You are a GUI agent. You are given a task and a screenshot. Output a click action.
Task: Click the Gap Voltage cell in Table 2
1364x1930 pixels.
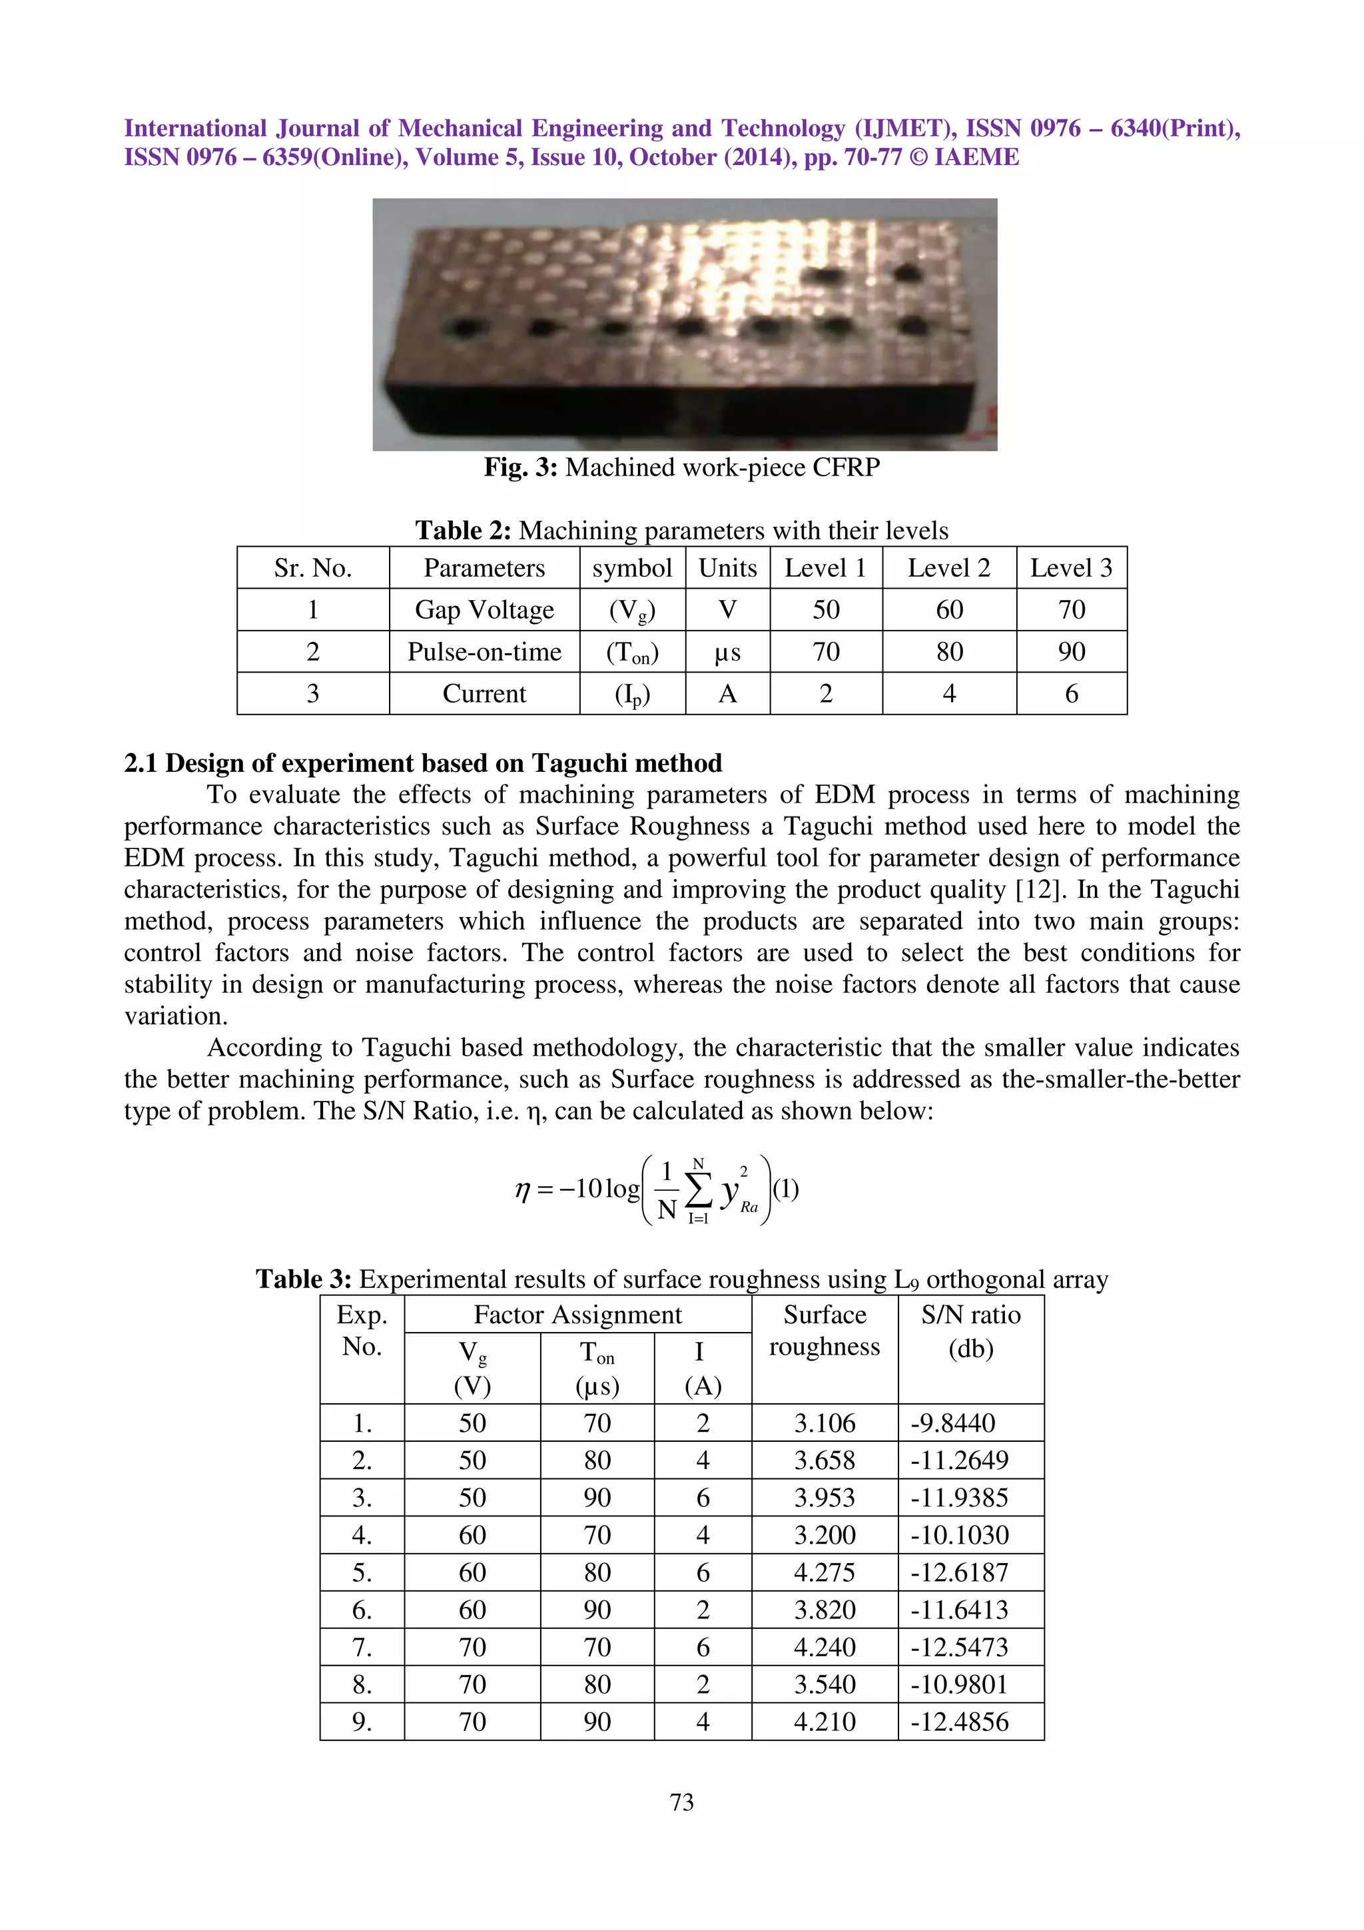(x=484, y=609)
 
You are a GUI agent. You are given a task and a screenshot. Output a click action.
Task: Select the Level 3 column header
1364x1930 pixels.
(x=1071, y=568)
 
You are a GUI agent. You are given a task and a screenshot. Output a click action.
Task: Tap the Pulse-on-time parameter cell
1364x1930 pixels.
(x=484, y=651)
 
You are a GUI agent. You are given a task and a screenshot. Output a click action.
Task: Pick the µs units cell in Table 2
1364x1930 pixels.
(x=727, y=651)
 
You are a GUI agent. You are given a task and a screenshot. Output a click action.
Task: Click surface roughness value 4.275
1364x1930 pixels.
(x=824, y=1572)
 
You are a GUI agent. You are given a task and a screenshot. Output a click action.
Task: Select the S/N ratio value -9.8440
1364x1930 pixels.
(x=953, y=1423)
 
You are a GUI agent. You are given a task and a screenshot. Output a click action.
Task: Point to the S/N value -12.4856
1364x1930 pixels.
(x=960, y=1721)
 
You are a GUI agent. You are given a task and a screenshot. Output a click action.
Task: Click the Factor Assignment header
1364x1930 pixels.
(x=577, y=1315)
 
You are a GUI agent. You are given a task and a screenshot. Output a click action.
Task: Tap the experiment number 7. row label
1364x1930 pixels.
(x=362, y=1647)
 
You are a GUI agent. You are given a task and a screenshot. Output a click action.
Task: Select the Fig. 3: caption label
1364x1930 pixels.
(x=520, y=468)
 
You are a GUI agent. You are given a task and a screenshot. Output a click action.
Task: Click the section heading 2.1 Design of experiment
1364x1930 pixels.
(x=423, y=763)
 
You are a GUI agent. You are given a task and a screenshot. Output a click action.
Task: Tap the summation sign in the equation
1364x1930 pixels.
(x=697, y=1189)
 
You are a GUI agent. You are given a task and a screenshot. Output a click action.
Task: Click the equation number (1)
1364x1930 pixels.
(x=786, y=1189)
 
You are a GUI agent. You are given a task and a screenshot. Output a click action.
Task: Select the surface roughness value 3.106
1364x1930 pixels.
(x=824, y=1423)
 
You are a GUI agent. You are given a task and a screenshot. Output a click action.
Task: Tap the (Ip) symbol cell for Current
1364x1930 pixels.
(x=632, y=695)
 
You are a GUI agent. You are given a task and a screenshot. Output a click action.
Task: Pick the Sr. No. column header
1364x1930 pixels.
(x=312, y=568)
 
